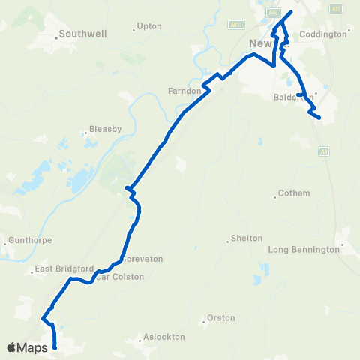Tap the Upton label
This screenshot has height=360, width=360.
149,26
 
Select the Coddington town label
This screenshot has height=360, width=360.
323,34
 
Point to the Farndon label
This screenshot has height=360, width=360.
185,91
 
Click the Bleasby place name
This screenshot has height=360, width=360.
105,129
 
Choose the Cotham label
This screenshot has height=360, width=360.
293,193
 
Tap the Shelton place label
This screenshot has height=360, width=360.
246,238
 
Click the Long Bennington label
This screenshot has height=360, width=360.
304,249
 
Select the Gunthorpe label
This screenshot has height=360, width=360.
27,241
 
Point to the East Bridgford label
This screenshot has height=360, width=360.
64,268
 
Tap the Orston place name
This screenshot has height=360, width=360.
220,318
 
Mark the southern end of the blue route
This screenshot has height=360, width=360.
55,346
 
